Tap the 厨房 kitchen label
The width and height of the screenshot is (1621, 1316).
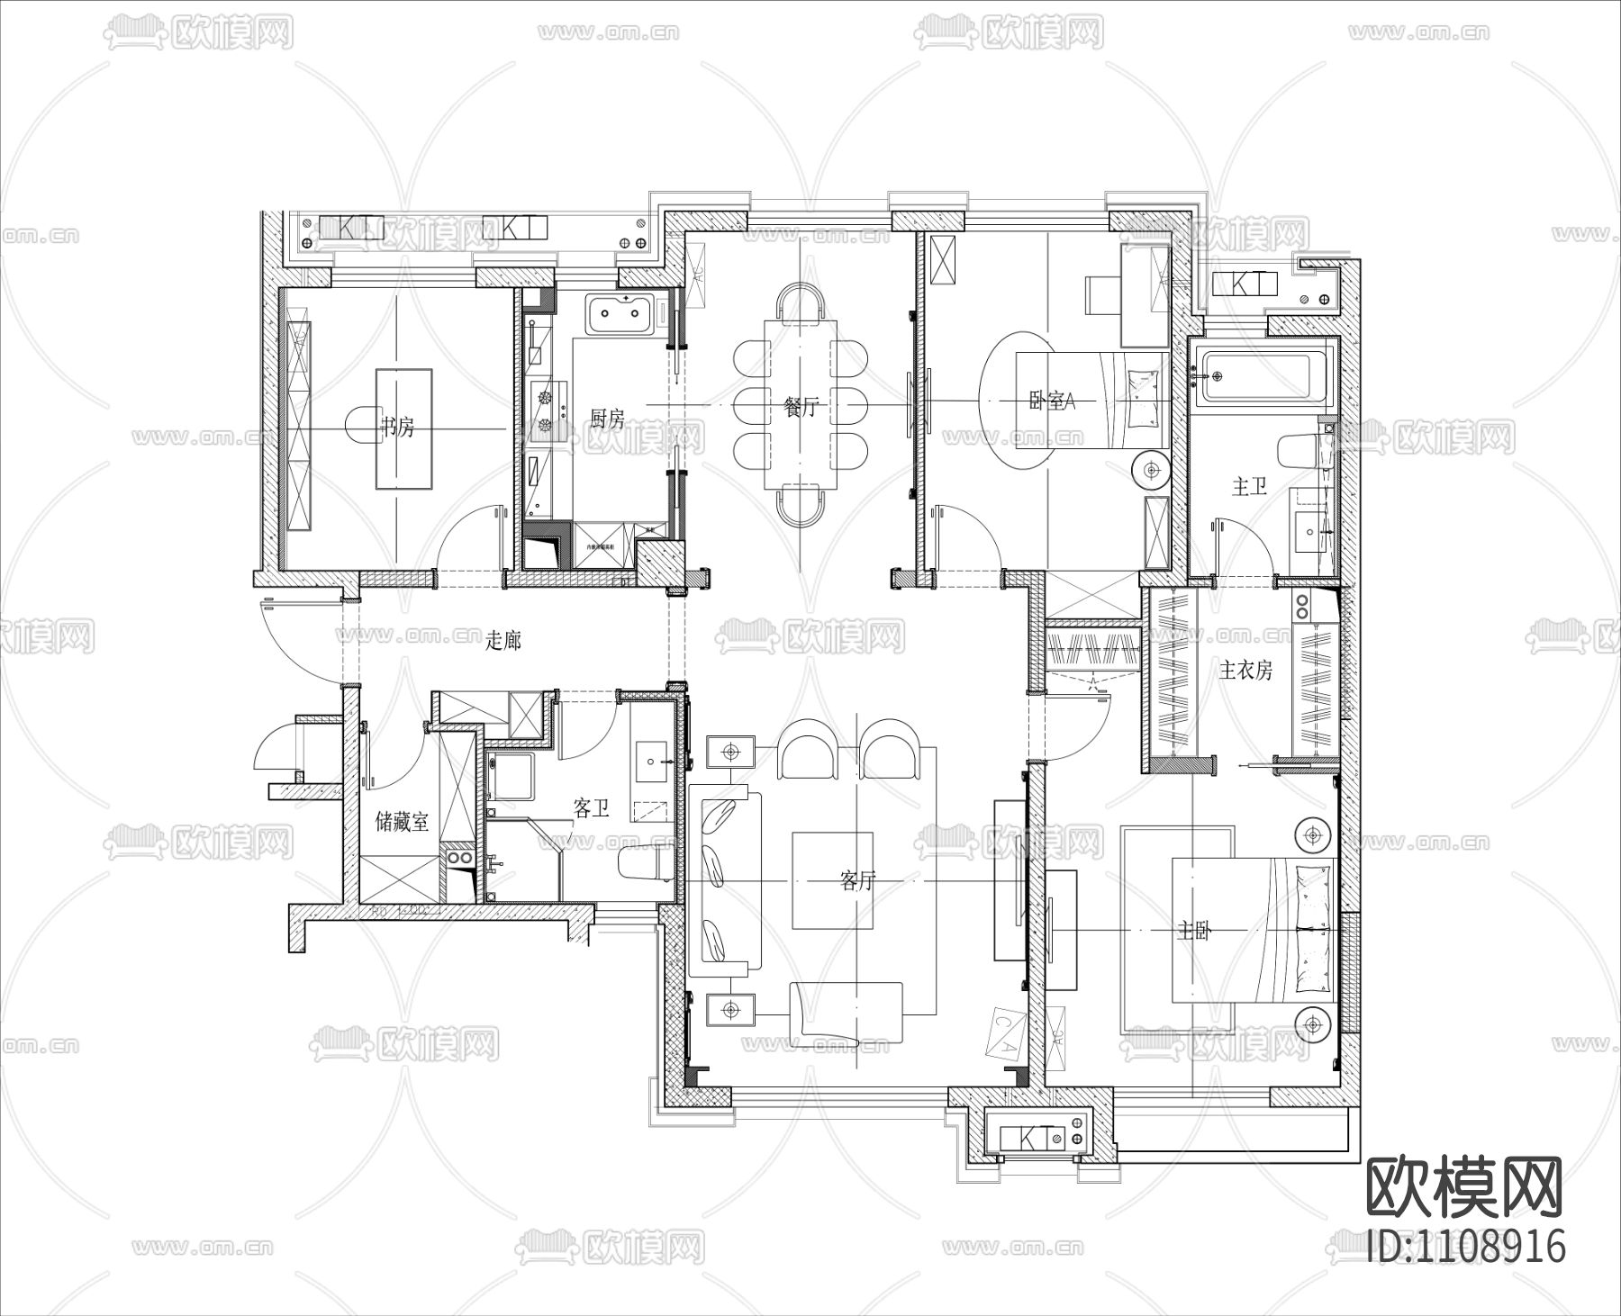click(607, 419)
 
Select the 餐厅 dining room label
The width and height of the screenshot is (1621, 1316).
click(801, 407)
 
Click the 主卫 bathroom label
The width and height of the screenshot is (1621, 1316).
click(1249, 487)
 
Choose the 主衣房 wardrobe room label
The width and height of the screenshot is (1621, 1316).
click(1246, 670)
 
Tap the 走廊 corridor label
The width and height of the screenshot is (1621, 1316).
click(503, 641)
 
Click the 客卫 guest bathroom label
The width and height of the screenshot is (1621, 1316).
click(592, 808)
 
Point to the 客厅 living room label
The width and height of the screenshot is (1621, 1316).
click(857, 880)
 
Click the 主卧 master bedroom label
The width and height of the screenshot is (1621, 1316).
click(1195, 932)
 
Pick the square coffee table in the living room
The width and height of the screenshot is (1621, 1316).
click(834, 880)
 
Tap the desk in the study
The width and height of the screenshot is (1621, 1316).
click(403, 428)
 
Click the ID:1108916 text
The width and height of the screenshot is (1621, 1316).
click(1465, 1247)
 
